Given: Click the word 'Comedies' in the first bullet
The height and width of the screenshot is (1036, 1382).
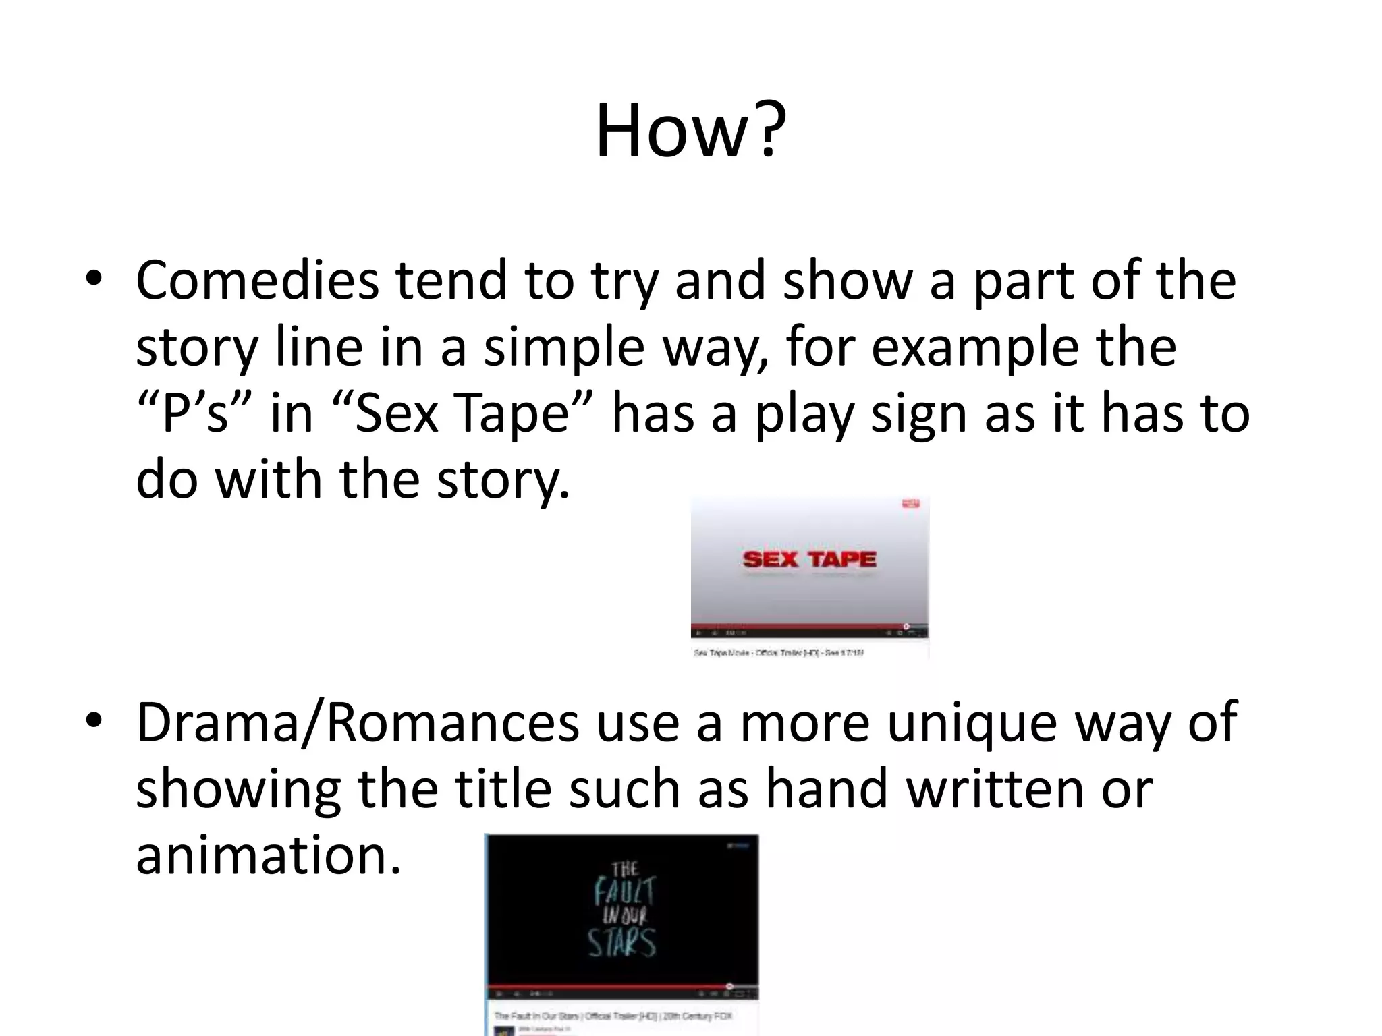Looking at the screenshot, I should (257, 281).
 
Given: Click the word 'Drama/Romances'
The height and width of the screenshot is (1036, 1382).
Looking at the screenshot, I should (358, 722).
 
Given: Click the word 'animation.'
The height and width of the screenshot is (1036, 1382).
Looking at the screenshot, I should (269, 855).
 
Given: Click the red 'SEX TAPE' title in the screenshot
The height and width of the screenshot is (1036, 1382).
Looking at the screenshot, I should (809, 559).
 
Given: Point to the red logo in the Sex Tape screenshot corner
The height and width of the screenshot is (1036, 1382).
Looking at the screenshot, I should (911, 503).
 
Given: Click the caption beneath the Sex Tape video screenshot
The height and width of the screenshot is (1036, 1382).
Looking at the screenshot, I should (779, 653).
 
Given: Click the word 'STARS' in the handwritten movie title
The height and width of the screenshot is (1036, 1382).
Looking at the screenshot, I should (621, 943).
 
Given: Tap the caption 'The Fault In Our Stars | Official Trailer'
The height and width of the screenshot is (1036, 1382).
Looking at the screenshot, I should (613, 1016).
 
